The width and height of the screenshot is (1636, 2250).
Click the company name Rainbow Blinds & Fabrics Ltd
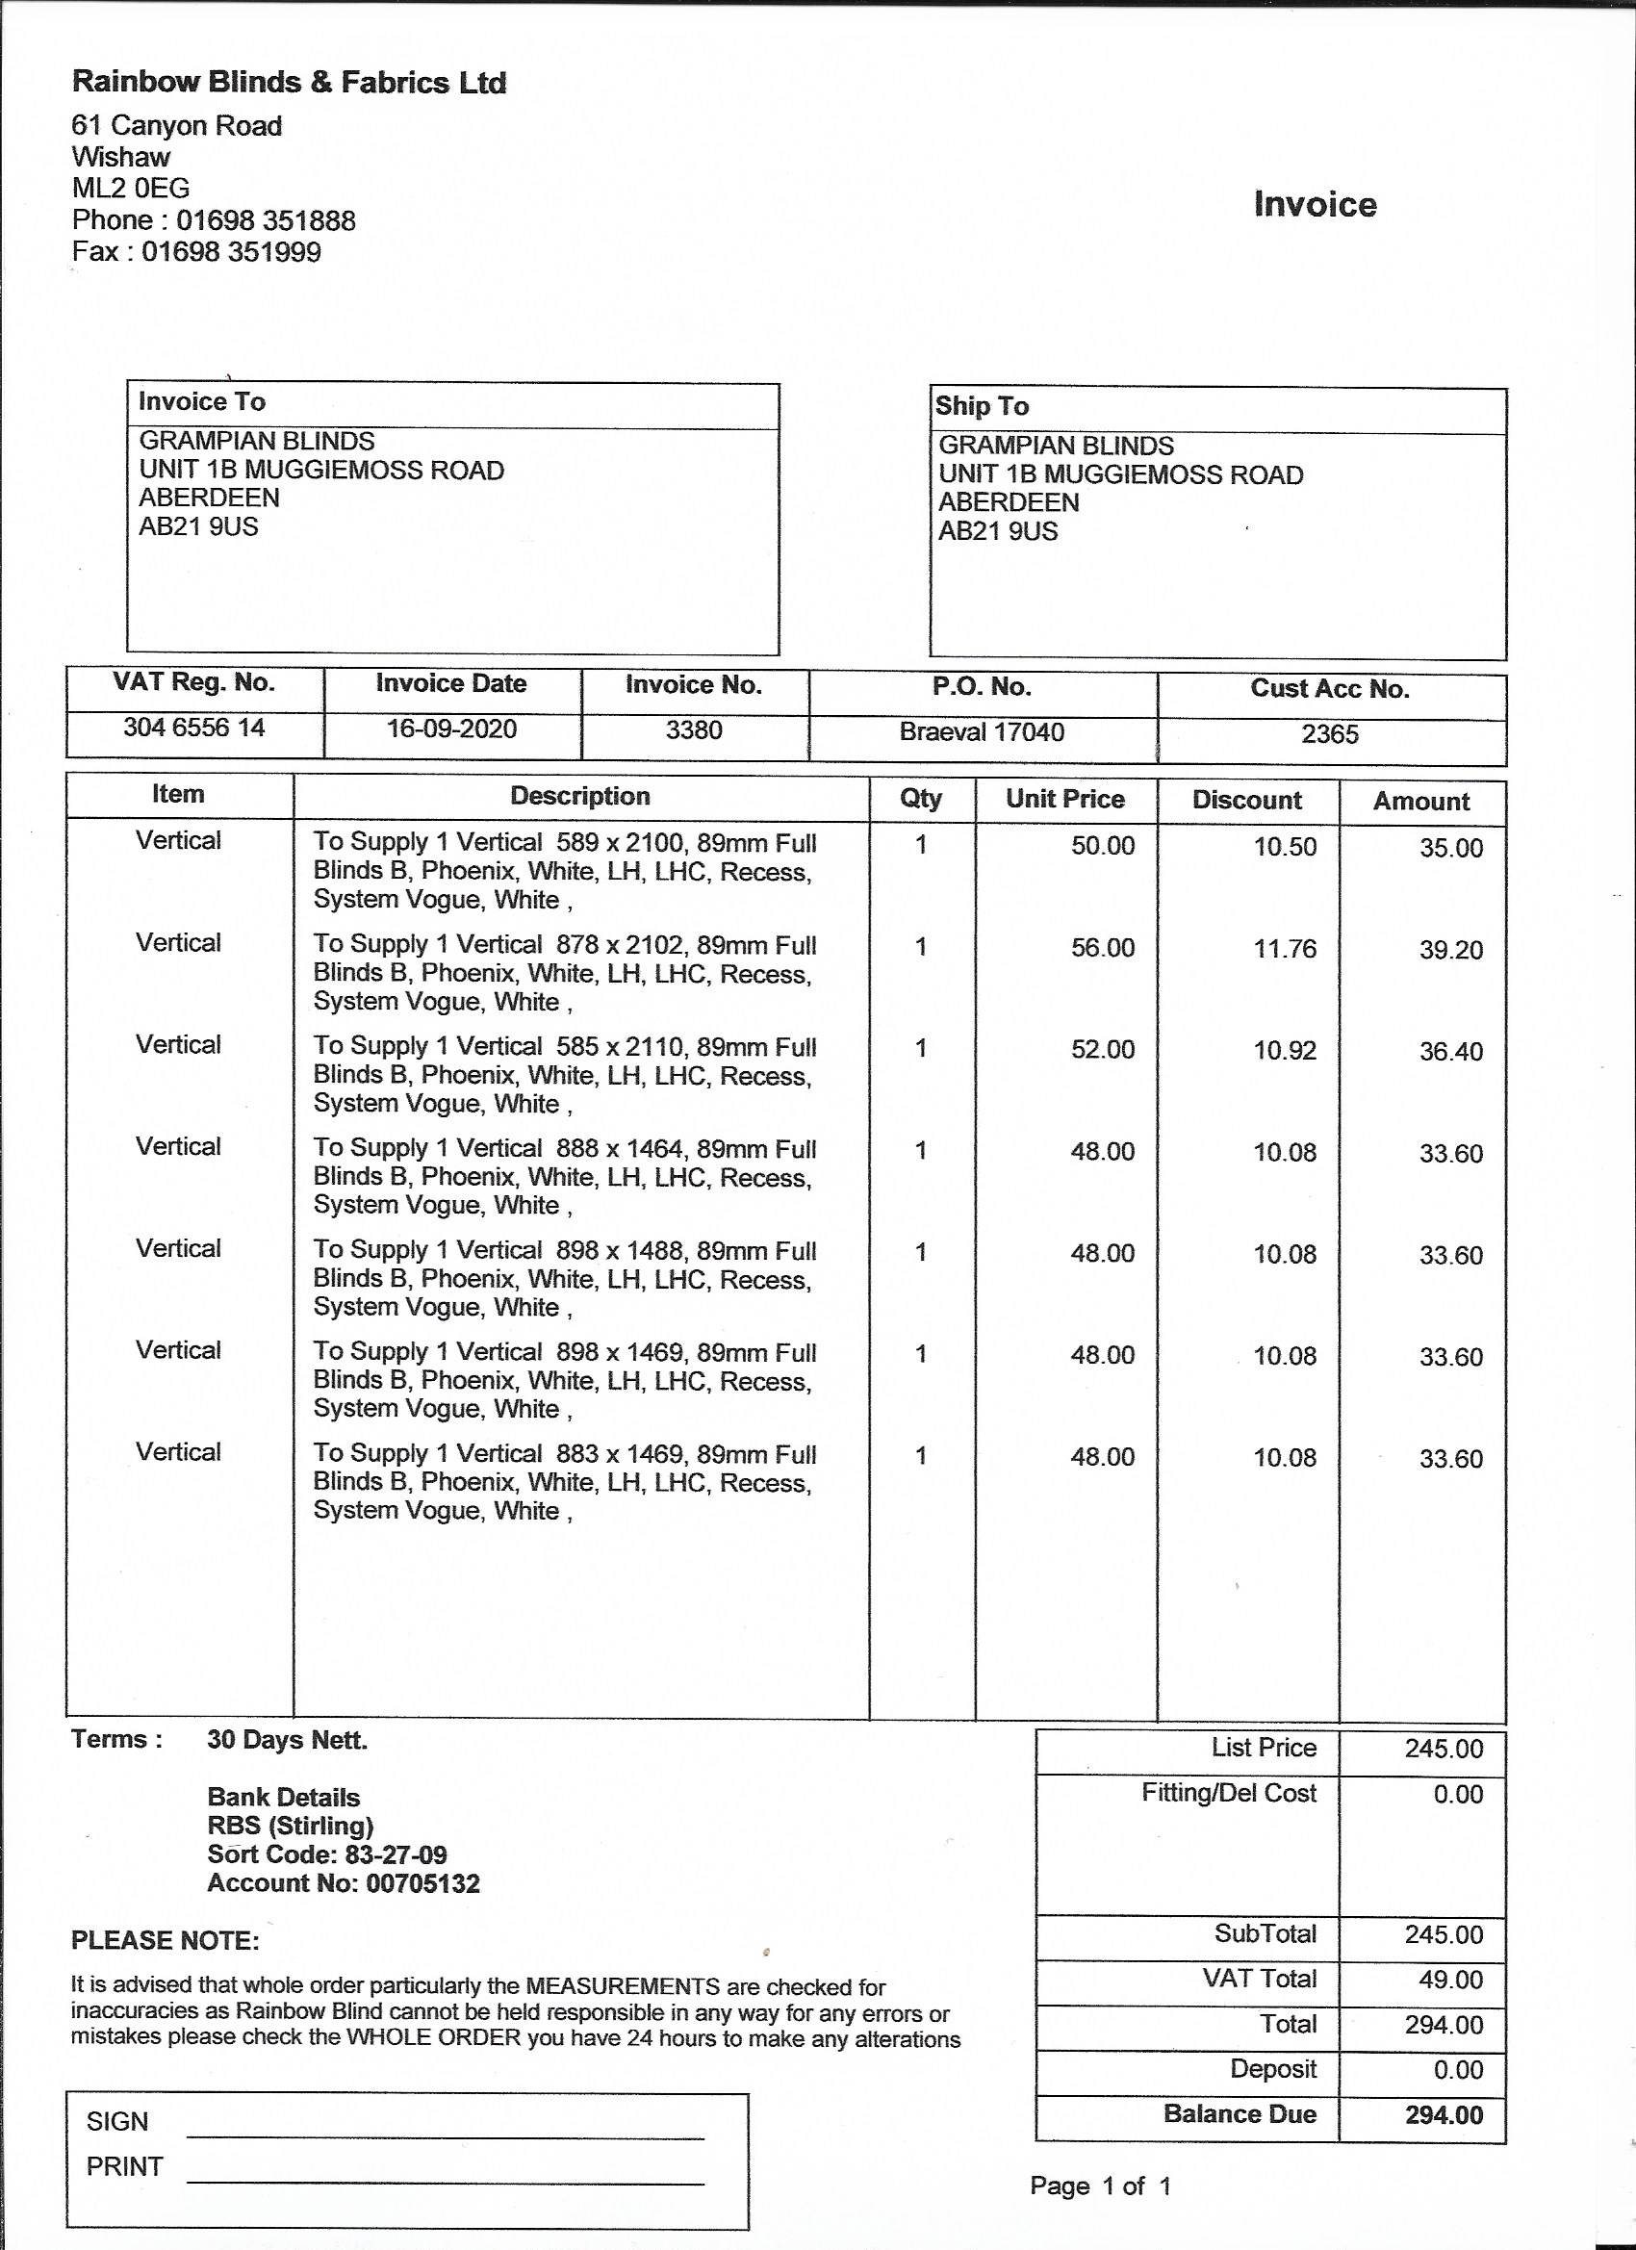[x=289, y=83]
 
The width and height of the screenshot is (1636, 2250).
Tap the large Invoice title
[x=1315, y=204]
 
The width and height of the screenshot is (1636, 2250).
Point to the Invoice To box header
[x=202, y=402]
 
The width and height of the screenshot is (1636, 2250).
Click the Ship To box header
[x=983, y=406]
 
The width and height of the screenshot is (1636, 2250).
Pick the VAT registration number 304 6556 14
[x=194, y=729]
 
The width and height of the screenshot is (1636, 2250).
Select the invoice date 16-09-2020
[x=451, y=730]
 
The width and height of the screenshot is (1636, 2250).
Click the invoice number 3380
[x=694, y=731]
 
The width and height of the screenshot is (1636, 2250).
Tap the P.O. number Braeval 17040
[x=982, y=733]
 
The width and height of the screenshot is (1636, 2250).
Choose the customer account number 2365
[x=1329, y=735]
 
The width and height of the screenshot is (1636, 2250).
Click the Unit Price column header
[x=1064, y=800]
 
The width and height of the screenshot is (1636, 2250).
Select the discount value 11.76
[x=1285, y=950]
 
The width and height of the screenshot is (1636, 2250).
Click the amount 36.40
[x=1450, y=1052]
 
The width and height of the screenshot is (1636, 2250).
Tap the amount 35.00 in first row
[x=1450, y=848]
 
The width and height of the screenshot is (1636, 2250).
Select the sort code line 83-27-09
[x=327, y=1855]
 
